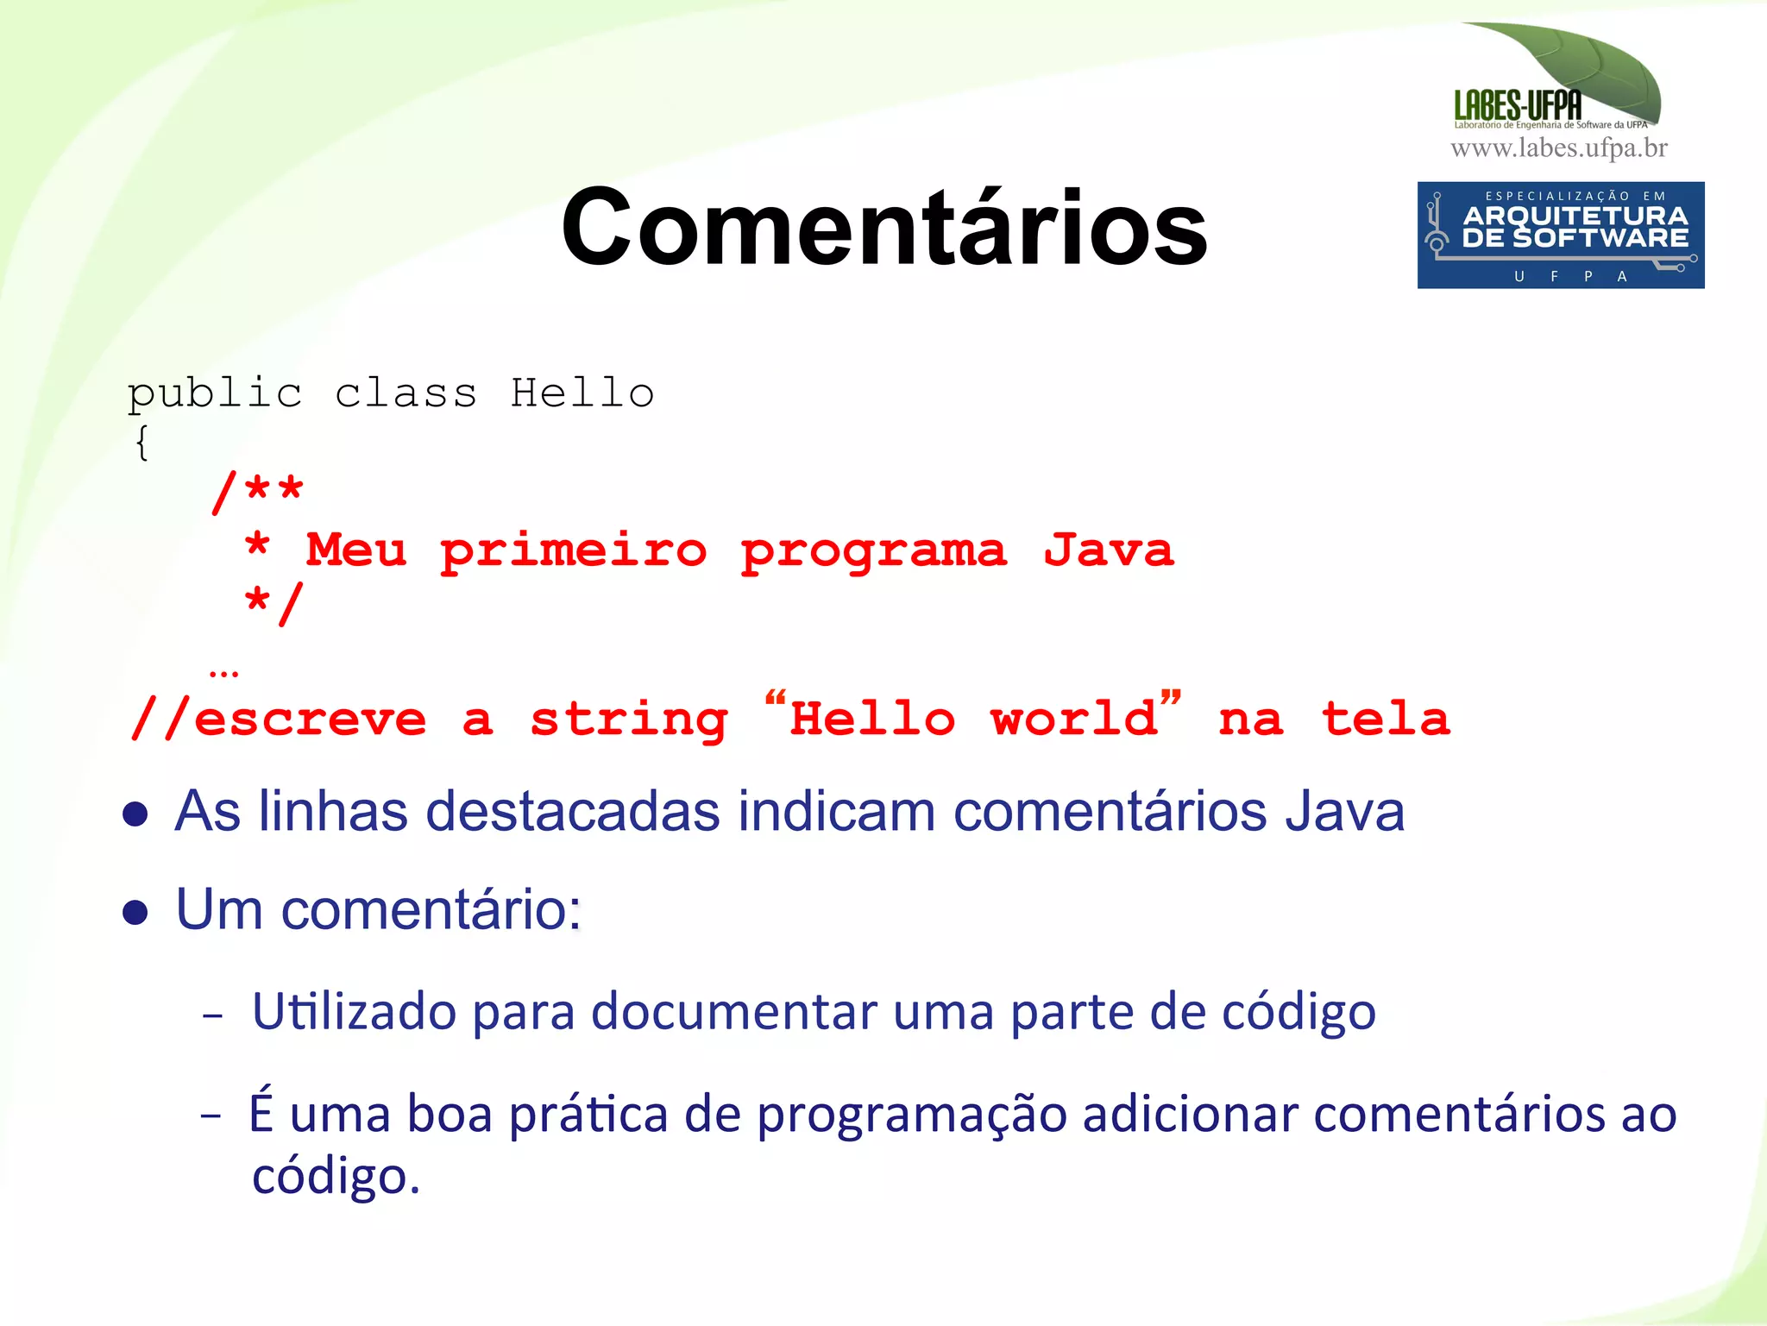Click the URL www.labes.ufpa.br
(x=1559, y=148)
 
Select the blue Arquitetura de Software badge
(x=1560, y=235)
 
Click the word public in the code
(x=215, y=394)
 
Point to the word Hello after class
(x=582, y=393)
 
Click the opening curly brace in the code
(x=141, y=443)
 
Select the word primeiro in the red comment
(x=573, y=551)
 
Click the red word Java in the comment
(x=1109, y=550)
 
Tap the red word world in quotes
(x=1074, y=719)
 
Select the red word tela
(x=1386, y=719)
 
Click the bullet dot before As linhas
(x=135, y=814)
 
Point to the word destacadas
(x=573, y=812)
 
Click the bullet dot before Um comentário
(x=135, y=912)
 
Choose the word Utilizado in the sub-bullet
(x=354, y=1011)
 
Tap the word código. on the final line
(x=336, y=1176)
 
